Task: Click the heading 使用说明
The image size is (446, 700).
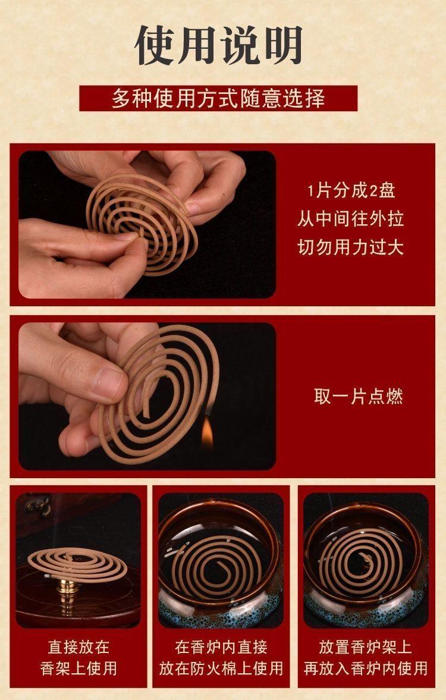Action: tap(218, 45)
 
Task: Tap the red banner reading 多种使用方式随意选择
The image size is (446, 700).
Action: tap(218, 98)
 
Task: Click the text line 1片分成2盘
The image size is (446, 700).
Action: tap(351, 191)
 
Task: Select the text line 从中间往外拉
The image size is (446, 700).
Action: tap(350, 219)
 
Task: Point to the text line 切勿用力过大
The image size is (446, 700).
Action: tap(350, 247)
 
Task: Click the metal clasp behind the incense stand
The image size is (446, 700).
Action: tap(37, 505)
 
